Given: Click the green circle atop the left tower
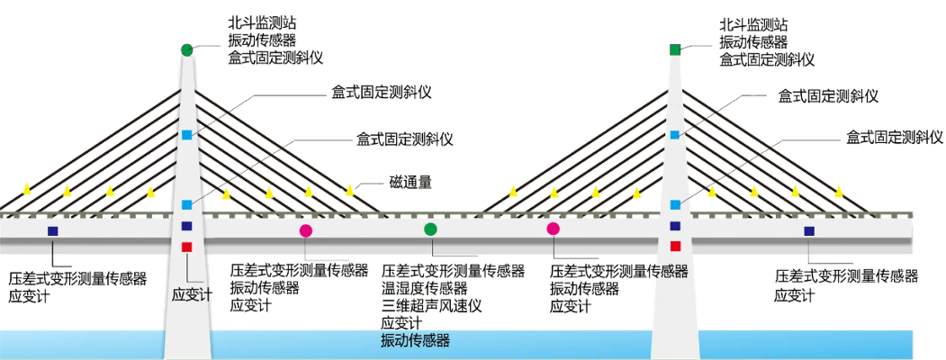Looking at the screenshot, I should point(186,50).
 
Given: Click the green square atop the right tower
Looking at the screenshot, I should point(675,49).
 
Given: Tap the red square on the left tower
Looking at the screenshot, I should point(186,247).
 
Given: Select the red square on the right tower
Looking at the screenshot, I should point(675,245).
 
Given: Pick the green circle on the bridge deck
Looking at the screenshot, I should point(430,229).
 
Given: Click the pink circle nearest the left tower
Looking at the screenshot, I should point(306,230).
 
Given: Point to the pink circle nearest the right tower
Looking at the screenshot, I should point(553,229).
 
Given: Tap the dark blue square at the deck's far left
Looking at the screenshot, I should point(53,231).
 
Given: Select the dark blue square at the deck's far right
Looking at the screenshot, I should point(808,231).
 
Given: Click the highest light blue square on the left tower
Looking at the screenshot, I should point(186,135).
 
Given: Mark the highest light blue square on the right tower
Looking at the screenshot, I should point(675,135).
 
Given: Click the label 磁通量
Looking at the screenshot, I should point(410,183).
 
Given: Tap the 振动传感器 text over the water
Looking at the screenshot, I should point(415,341).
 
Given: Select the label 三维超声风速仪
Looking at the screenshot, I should point(432,305).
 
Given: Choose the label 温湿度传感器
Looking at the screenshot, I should point(425,288).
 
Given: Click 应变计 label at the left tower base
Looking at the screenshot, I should point(191,293).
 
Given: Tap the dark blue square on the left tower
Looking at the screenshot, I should point(186,226).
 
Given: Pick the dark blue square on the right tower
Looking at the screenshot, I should point(675,226).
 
